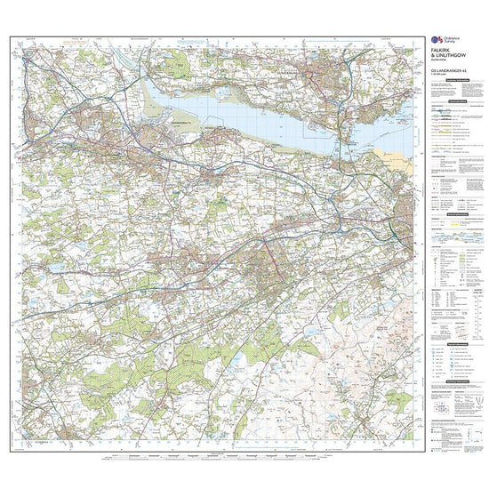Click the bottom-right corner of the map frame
423,452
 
